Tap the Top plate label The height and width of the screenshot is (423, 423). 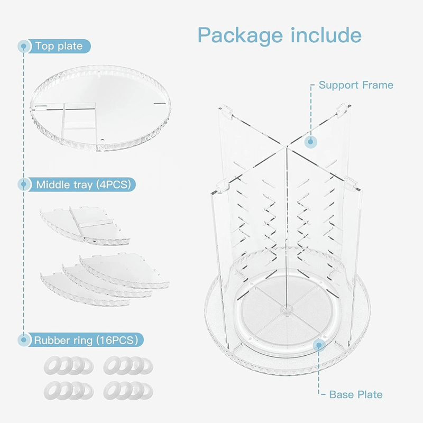point(59,46)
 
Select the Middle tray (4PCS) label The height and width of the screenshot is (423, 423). point(85,185)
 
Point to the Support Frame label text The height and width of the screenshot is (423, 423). point(356,85)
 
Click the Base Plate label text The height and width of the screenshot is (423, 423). point(355,394)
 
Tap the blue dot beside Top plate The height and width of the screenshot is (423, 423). point(23,46)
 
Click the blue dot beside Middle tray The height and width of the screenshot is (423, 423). point(23,185)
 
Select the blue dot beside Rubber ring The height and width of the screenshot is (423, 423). point(23,339)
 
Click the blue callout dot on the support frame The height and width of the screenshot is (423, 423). point(311,142)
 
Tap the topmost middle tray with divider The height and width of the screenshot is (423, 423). point(85,223)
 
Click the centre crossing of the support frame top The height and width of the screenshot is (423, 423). point(286,146)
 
